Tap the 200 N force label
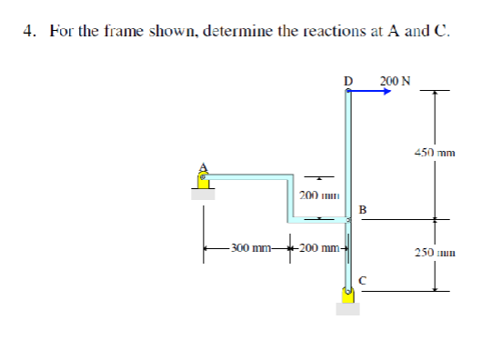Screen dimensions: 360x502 [x=395, y=81]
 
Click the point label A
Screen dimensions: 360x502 [x=204, y=165]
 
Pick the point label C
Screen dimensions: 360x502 [x=362, y=279]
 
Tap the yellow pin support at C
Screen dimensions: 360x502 [x=347, y=295]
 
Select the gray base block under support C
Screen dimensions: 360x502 [x=347, y=308]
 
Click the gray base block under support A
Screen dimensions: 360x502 [x=204, y=193]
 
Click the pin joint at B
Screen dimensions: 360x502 [x=347, y=219]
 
